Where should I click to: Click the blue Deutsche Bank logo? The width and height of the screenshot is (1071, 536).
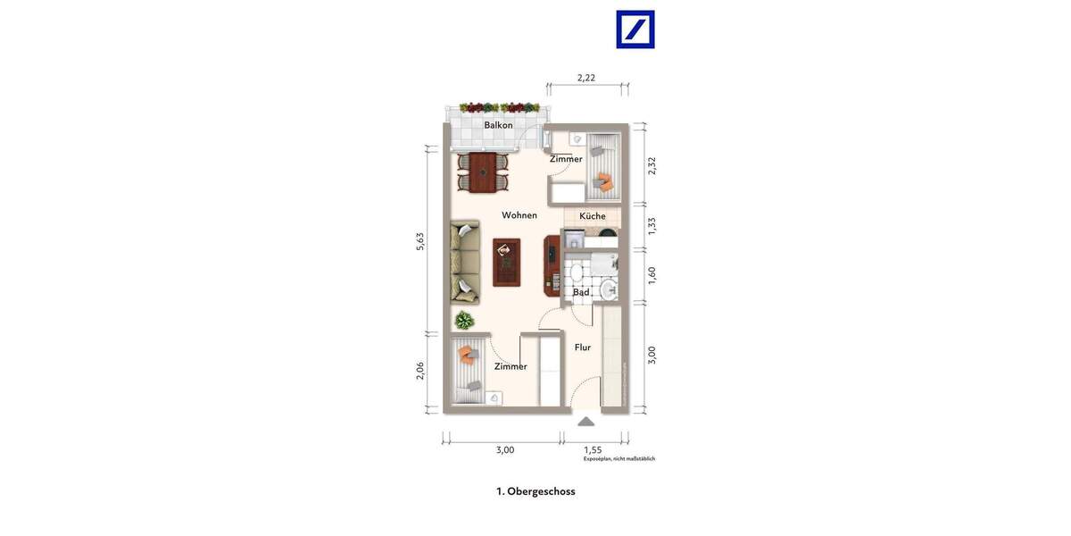pyautogui.click(x=635, y=29)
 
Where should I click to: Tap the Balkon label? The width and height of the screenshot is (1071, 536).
pyautogui.click(x=498, y=125)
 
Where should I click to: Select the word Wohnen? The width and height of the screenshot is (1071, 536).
pyautogui.click(x=519, y=215)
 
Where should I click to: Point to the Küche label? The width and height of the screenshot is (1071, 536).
pyautogui.click(x=593, y=216)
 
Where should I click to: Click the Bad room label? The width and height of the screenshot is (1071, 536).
pyautogui.click(x=581, y=292)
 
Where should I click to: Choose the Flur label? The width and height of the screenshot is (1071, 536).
pyautogui.click(x=583, y=348)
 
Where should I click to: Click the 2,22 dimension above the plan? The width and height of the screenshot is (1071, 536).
pyautogui.click(x=586, y=78)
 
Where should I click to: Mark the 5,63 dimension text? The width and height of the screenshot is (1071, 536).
pyautogui.click(x=420, y=241)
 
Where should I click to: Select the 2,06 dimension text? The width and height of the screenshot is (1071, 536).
pyautogui.click(x=420, y=370)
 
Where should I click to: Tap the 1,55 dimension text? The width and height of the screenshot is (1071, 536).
pyautogui.click(x=593, y=450)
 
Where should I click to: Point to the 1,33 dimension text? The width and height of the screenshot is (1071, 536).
pyautogui.click(x=652, y=226)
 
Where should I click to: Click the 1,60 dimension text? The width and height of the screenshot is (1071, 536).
pyautogui.click(x=652, y=275)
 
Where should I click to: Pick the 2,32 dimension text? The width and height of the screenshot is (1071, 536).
pyautogui.click(x=652, y=165)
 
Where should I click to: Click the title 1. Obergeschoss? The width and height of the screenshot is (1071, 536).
pyautogui.click(x=535, y=491)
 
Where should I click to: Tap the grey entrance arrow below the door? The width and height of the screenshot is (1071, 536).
pyautogui.click(x=585, y=421)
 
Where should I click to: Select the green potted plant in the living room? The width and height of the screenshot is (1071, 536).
pyautogui.click(x=463, y=320)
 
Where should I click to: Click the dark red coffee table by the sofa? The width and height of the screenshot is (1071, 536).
pyautogui.click(x=507, y=262)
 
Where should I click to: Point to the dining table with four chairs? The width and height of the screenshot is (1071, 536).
pyautogui.click(x=483, y=172)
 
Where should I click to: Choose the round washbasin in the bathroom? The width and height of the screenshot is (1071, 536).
pyautogui.click(x=609, y=289)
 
